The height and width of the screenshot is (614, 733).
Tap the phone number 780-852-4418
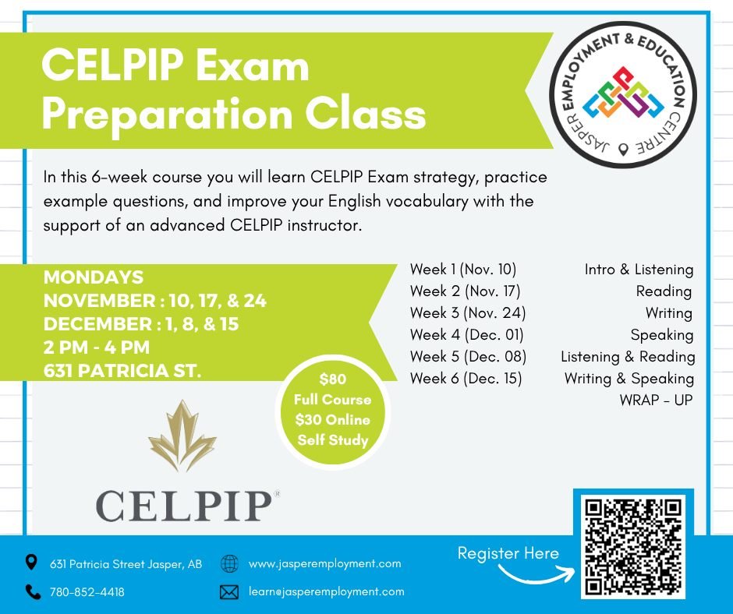pos(87,592)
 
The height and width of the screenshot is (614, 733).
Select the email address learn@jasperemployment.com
pos(326,591)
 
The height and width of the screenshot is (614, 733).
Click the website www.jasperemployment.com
pos(324,563)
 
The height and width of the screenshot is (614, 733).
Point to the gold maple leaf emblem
pos(182,439)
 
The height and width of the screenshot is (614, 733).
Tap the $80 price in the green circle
pos(333,379)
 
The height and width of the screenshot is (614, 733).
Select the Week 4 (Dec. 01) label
pos(466,335)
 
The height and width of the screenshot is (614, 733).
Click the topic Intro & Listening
pos(639,270)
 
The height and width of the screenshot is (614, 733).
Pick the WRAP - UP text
pos(656,401)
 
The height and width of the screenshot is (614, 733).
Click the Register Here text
pos(508,553)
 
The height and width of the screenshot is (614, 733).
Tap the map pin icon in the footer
pos(31,563)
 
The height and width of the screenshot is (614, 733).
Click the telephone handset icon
pos(32,592)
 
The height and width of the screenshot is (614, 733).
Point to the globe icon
pos(229,563)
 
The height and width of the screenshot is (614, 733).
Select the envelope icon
pos(229,592)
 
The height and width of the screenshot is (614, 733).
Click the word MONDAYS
pos(94,277)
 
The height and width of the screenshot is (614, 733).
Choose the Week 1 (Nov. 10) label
pos(463,270)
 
